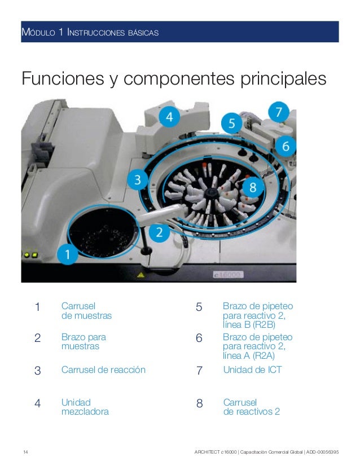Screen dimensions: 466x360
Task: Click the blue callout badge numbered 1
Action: pos(68,254)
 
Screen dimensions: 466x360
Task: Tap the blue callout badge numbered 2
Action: pos(160,232)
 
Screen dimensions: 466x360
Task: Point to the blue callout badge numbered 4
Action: pos(169,117)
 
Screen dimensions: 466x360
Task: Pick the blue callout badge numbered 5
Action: pos(231,122)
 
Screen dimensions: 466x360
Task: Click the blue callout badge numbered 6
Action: pos(286,146)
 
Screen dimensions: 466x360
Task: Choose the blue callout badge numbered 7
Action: pos(278,112)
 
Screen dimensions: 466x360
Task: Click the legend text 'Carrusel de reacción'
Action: pos(103,370)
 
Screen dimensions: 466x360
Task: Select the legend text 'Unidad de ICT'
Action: pos(252,370)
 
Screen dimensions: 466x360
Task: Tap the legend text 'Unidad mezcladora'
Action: pos(85,407)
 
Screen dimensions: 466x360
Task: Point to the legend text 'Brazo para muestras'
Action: pos(84,341)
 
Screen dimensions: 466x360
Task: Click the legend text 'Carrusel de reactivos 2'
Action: pos(251,407)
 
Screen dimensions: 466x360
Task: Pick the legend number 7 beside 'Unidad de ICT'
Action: pos(199,371)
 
